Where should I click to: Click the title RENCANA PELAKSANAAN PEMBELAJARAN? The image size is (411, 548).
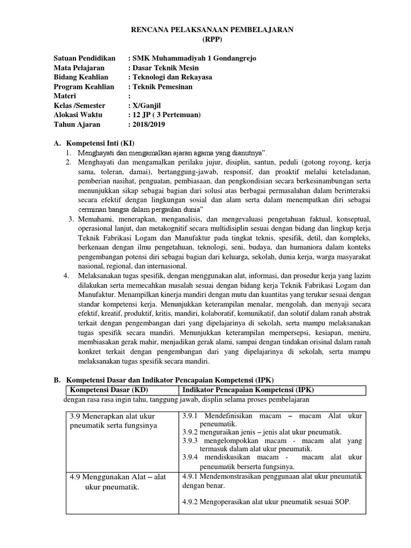point(212,31)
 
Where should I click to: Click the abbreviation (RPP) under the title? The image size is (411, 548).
point(212,40)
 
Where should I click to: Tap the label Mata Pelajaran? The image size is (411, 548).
point(79,68)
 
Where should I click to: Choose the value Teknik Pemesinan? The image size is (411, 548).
point(163,87)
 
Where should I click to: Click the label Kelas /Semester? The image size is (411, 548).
point(80,105)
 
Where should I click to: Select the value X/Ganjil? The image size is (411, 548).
point(148,105)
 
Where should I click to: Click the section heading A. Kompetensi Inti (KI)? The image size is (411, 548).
point(101,143)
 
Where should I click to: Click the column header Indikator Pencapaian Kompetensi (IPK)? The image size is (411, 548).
point(253,390)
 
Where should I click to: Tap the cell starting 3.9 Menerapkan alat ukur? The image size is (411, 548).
point(116,421)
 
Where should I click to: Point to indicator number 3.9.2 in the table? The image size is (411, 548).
point(191,432)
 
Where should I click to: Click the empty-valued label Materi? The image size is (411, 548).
point(66,96)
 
